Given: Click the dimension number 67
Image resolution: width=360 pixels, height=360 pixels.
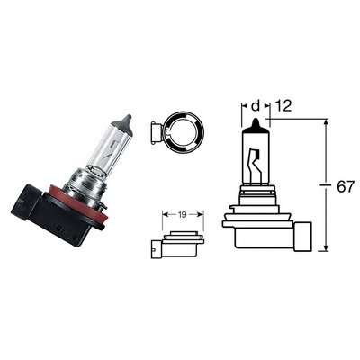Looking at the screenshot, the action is (346, 187).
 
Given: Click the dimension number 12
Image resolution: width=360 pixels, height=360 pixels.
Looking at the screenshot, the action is (283, 106).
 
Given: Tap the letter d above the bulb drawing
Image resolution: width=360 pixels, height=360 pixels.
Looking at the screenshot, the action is (256, 105).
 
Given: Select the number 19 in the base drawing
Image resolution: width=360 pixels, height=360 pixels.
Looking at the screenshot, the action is (183, 214).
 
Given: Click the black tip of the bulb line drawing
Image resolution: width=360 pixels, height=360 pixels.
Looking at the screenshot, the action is (256, 125).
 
